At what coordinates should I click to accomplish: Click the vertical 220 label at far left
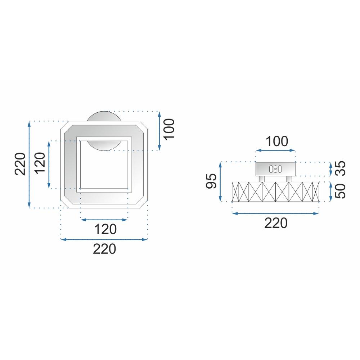pos(20,164)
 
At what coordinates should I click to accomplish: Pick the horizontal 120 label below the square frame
pos(104,229)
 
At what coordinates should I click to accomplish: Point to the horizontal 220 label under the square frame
pos(104,249)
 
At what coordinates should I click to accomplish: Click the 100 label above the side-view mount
pos(276,141)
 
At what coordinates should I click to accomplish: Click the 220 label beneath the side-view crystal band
pos(276,223)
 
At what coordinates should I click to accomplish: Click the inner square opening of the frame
pos(104,164)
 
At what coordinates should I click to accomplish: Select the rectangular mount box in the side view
pos(275,168)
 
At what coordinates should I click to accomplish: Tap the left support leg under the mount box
pos(262,179)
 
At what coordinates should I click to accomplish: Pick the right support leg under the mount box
pos(289,179)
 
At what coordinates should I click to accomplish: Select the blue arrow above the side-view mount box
pos(275,152)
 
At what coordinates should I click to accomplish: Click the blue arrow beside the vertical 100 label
pos(159,131)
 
